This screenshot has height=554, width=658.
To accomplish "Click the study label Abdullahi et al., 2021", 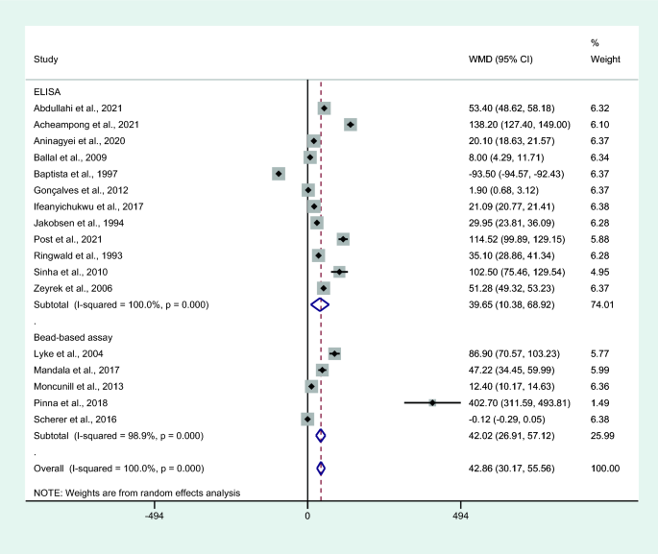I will click(x=78, y=108).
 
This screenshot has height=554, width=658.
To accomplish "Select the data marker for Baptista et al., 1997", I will click(x=279, y=174).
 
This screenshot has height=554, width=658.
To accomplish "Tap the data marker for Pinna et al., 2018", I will click(x=432, y=403).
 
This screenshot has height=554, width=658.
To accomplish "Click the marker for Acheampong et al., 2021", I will click(x=351, y=125).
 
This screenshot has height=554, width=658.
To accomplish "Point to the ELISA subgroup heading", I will click(x=48, y=92).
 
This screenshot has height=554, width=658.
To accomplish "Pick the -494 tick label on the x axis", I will click(x=154, y=516).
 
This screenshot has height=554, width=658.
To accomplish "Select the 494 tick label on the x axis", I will click(x=460, y=516).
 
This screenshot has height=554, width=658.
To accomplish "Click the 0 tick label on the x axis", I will click(x=307, y=516).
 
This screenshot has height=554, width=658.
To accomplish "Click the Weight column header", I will click(x=605, y=60).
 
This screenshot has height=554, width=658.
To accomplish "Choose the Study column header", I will click(x=46, y=60).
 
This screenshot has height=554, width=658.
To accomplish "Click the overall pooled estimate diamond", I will click(x=321, y=469).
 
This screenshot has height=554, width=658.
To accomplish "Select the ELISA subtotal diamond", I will click(x=320, y=304).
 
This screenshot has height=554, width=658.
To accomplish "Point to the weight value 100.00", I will click(x=605, y=469).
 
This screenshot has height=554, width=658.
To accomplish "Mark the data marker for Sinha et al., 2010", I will click(x=339, y=272).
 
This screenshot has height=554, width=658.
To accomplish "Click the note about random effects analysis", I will click(x=136, y=493).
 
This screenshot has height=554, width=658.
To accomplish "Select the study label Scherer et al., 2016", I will click(x=75, y=420).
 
